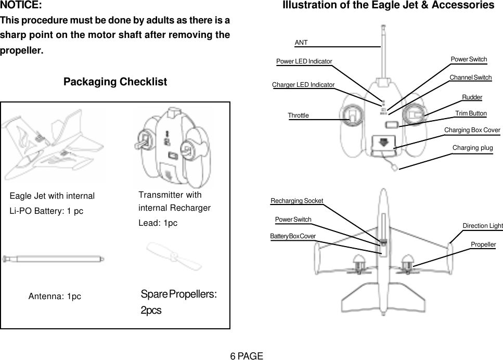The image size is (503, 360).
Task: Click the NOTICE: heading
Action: [x=21, y=6]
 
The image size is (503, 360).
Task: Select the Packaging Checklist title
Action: [x=115, y=82]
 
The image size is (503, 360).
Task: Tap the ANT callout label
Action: [x=301, y=42]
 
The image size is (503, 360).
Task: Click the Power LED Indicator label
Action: [x=304, y=61]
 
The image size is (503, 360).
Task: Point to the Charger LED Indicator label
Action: [x=303, y=84]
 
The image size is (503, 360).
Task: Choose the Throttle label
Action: [x=298, y=115]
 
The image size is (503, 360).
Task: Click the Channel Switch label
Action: [x=470, y=78]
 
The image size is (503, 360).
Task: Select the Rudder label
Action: [x=472, y=97]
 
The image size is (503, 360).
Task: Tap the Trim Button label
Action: [x=470, y=113]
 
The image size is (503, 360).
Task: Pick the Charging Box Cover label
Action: [x=472, y=130]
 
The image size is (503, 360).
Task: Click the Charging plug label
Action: [x=472, y=148]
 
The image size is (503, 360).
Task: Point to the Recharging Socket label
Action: [x=297, y=201]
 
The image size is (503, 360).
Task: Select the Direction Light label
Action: [x=483, y=226]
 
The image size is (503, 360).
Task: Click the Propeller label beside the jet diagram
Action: [x=483, y=244]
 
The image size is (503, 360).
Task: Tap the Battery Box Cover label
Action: [x=293, y=236]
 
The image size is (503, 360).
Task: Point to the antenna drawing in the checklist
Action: [x=53, y=258]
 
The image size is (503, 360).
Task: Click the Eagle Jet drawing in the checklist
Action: [x=52, y=146]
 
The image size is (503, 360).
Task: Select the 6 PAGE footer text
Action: [x=247, y=356]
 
